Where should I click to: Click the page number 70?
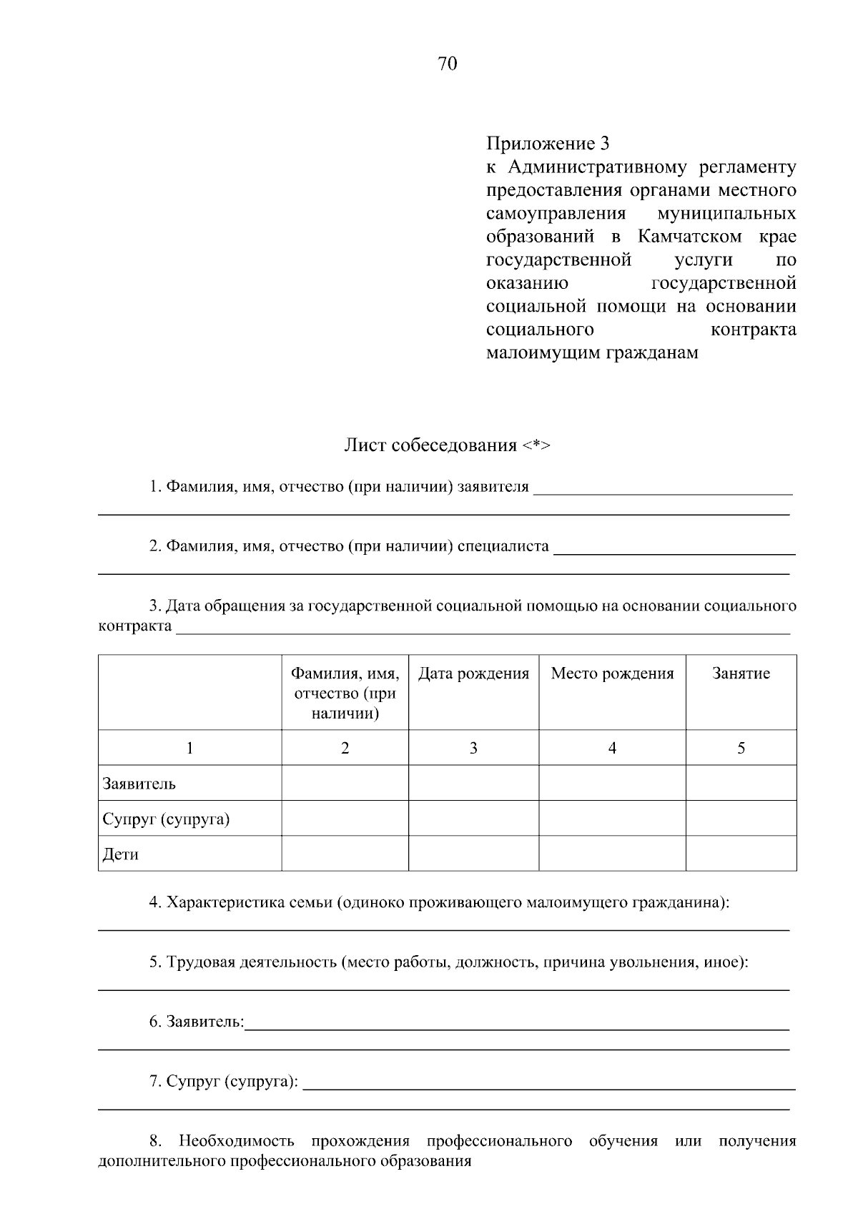447,64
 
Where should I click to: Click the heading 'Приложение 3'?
548,144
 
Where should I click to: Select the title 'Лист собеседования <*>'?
448,445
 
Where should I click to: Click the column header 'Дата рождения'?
473,673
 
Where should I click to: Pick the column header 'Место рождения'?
612,673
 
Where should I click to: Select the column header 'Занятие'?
741,673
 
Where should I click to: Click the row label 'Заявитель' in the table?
139,784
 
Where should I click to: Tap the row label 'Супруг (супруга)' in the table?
166,819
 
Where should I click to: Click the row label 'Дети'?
120,854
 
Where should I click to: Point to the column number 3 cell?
473,748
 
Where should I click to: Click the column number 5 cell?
741,748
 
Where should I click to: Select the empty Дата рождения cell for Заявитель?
473,783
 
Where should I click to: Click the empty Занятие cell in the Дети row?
741,854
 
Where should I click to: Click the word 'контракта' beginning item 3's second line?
134,627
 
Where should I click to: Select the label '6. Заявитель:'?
197,1022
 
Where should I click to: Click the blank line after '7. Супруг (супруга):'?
548,1084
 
